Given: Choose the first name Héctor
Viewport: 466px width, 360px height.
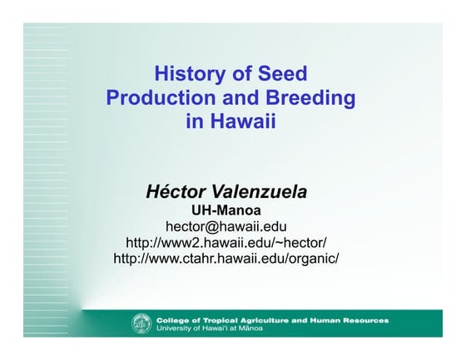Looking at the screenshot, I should pos(175,191).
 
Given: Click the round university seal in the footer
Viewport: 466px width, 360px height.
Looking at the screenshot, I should pos(141,323).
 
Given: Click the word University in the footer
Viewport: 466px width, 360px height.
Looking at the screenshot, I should pos(172,328).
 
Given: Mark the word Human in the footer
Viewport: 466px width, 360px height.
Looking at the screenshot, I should pos(325,319).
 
